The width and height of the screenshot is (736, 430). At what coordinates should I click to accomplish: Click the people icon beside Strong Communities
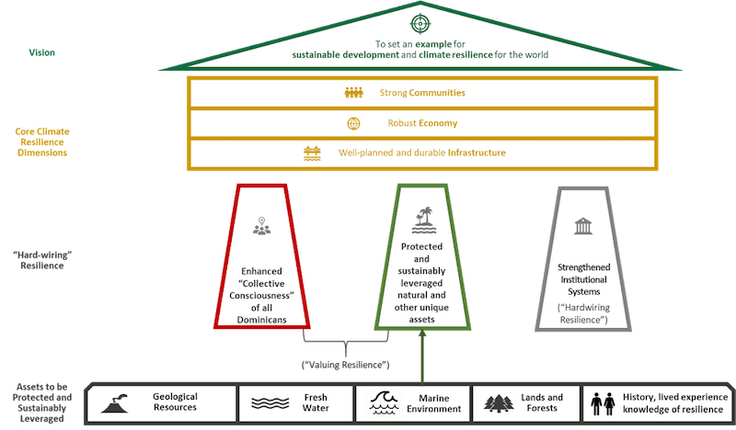(354, 93)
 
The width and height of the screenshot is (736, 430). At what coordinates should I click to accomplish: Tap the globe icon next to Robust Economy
(353, 123)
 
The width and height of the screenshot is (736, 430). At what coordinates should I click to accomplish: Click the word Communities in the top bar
(436, 93)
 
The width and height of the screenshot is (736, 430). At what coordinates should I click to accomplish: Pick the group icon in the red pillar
(262, 227)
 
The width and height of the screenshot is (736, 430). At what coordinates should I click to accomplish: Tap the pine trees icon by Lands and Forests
(499, 402)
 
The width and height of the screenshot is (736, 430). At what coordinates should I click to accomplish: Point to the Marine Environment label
(435, 402)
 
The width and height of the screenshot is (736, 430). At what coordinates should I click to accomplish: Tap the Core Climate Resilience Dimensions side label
(43, 142)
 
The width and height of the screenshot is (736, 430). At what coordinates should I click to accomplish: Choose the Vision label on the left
(41, 53)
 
